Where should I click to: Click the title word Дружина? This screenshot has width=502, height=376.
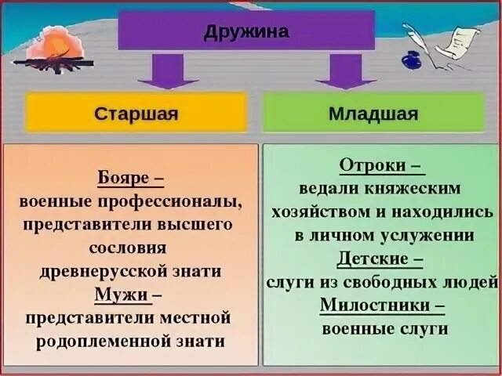click(246, 32)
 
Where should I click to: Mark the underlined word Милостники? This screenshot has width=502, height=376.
click(373, 305)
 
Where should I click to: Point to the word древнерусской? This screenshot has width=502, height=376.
click(102, 272)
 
